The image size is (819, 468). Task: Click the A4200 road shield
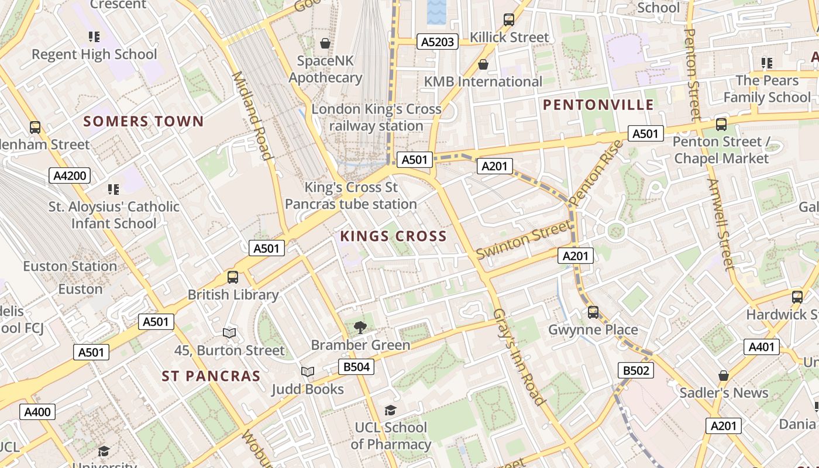click(x=70, y=175)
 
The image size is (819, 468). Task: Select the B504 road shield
click(x=356, y=367)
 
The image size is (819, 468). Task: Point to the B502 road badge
click(x=635, y=370)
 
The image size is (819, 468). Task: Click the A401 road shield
click(x=762, y=347)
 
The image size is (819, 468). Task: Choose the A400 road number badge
click(x=37, y=412)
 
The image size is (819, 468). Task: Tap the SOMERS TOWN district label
click(x=143, y=122)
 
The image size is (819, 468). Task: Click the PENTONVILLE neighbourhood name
click(x=598, y=105)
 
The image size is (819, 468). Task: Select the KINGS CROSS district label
click(x=393, y=236)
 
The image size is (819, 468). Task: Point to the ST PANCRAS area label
click(x=211, y=376)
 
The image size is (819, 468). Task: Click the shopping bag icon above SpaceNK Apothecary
click(x=325, y=43)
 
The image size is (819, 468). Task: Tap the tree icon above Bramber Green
click(x=360, y=328)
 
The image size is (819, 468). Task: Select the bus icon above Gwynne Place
click(x=593, y=312)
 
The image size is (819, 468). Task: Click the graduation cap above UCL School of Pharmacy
click(x=390, y=411)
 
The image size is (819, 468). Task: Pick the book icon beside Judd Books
click(x=308, y=371)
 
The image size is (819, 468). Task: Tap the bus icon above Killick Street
click(x=509, y=20)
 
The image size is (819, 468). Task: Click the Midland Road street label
click(x=253, y=115)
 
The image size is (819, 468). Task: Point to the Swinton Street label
click(x=523, y=240)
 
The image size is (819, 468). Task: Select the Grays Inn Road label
click(x=519, y=356)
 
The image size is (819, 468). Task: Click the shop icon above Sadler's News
click(x=724, y=376)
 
